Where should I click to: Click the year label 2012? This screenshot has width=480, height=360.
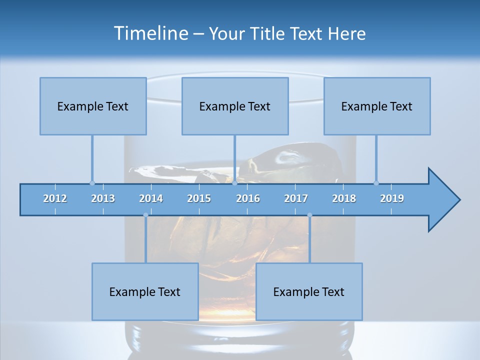pos(55,198)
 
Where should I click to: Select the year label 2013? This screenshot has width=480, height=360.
pos(103,198)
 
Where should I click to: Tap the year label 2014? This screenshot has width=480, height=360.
pos(151,198)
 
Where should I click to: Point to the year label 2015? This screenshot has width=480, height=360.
pos(199,198)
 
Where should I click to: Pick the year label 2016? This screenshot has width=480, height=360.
pos(248,198)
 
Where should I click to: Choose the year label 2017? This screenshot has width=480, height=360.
pos(296,198)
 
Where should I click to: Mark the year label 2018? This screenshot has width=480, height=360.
pos(344,198)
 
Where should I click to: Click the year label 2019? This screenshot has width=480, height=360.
pos(392,198)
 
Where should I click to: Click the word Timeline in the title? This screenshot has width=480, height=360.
pos(150,33)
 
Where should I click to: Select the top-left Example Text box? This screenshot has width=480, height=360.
pos(93,106)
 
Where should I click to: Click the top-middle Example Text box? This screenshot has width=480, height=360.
pos(235,106)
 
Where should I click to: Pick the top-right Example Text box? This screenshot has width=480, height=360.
pos(377,106)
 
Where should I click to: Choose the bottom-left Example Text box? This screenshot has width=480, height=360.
pos(145,291)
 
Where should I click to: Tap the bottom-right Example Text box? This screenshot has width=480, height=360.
pos(309,291)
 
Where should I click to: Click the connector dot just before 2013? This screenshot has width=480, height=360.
pos(92,183)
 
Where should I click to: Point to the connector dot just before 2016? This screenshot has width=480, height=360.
pos(234,183)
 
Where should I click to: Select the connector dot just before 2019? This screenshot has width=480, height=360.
pos(376,183)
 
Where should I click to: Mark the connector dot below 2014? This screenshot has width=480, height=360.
pos(145,215)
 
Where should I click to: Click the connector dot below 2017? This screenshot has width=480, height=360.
pos(309,215)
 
